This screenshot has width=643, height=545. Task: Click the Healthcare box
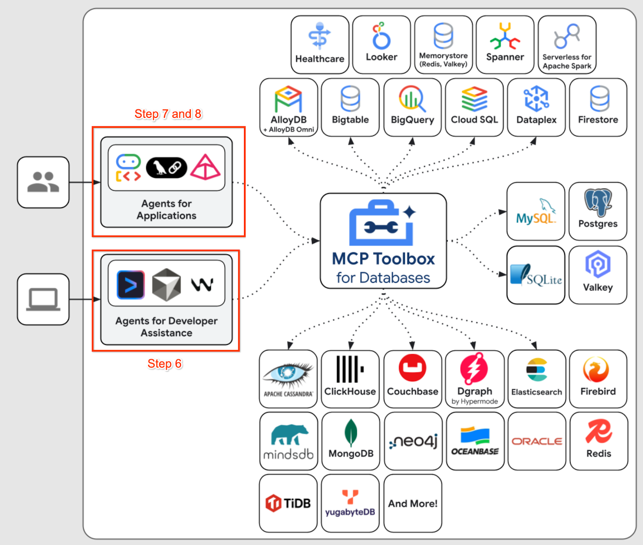tap(319, 45)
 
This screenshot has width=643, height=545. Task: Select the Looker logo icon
tap(381, 36)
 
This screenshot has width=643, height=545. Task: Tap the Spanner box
tap(505, 45)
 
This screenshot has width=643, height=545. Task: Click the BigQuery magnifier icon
tap(412, 98)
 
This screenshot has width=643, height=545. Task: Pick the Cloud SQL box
tap(474, 107)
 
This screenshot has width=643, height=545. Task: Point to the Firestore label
tap(598, 119)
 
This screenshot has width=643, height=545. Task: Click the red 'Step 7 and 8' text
tap(168, 114)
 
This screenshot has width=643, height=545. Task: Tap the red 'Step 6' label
tap(164, 364)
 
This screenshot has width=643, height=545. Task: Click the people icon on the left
tap(43, 182)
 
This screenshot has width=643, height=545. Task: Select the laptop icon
tap(43, 299)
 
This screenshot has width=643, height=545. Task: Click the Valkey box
tap(598, 275)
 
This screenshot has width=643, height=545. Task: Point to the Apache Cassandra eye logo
tap(288, 373)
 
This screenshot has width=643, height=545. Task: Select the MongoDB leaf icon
tap(351, 433)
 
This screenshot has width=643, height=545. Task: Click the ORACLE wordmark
tap(537, 441)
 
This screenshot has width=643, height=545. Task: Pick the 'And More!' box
tap(413, 503)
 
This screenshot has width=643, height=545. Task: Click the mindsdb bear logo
tap(289, 435)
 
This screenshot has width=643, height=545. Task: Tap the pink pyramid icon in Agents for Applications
tap(205, 167)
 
